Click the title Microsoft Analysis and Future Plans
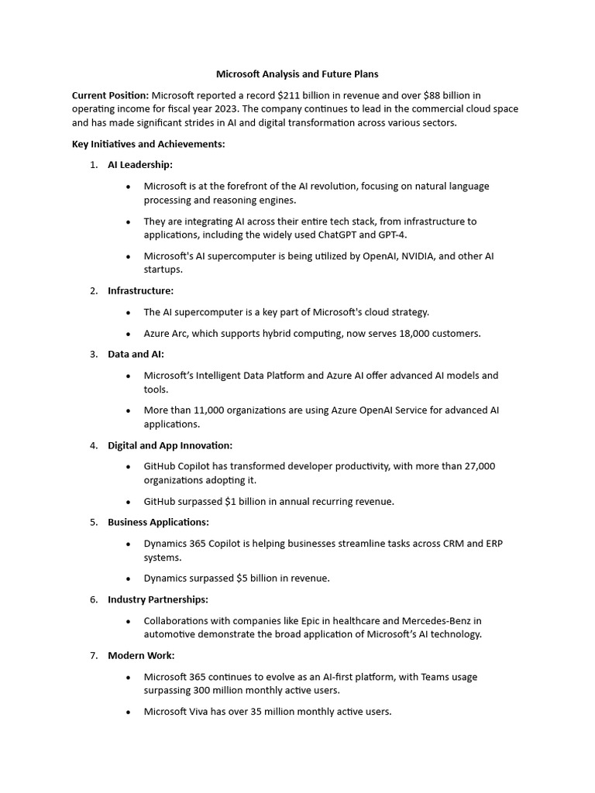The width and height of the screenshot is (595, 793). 297,74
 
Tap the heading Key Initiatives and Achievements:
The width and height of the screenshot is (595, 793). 149,144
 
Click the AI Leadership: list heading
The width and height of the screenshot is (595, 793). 140,165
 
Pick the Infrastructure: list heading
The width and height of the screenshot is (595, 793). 140,290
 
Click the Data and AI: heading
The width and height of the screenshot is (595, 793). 136,354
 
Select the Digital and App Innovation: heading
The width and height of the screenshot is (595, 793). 170,445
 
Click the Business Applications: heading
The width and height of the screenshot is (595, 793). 158,522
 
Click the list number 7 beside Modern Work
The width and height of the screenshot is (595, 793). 93,655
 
